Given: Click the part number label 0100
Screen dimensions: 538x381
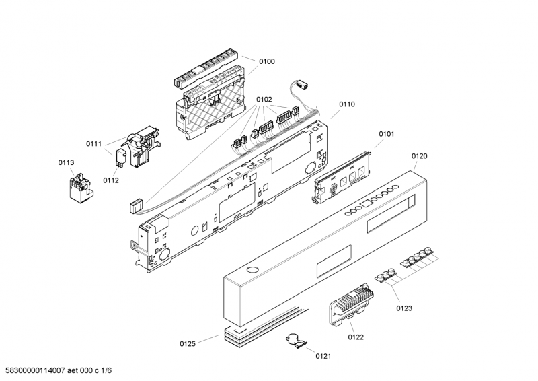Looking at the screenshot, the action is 266,61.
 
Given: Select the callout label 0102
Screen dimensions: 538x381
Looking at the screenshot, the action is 264,100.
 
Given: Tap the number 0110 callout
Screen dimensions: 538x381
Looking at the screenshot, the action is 347,104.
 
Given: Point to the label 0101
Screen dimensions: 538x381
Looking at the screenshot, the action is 386,134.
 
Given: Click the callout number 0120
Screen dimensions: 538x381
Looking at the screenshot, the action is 419,156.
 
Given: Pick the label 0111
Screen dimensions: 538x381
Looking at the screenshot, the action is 93,144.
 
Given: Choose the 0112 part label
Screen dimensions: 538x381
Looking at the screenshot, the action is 111,180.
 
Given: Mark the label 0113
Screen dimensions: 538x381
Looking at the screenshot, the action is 66,162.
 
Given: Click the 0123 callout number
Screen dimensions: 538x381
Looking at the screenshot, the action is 404,308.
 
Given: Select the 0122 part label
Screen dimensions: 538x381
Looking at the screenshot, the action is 356,337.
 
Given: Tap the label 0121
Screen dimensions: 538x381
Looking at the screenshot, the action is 323,356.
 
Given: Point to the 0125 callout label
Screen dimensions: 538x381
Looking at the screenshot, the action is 188,344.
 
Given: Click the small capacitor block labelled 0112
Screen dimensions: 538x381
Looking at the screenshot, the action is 121,158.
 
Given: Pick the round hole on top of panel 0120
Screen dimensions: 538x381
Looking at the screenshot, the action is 252,269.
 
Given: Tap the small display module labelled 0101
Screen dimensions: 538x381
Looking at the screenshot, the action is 342,178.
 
